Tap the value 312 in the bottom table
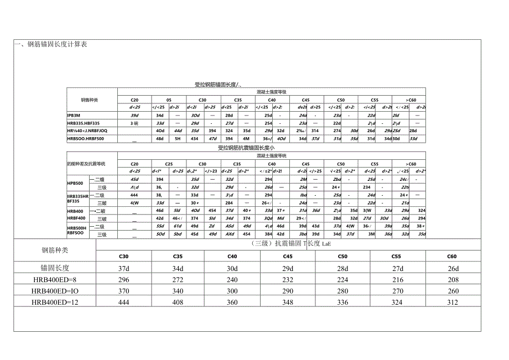pos(451,302)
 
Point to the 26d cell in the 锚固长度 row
pos(451,268)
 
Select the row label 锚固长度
pos(54,268)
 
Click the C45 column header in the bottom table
pos(288,256)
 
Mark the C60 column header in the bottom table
pos(451,256)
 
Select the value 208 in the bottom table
pos(451,279)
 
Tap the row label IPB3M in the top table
pos(74,114)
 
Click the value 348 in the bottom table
pos(288,302)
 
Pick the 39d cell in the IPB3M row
pos(135,114)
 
